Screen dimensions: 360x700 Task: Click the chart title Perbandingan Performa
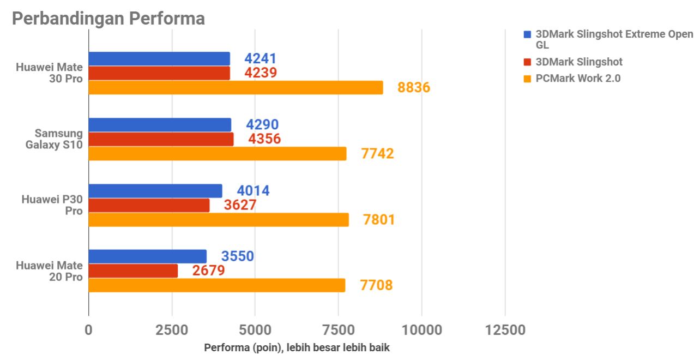[108, 18]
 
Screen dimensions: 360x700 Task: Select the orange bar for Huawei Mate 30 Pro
[236, 87]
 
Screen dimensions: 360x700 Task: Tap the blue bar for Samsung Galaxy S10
[159, 125]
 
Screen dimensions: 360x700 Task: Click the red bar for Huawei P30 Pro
[149, 205]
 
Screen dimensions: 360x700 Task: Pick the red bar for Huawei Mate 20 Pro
[133, 271]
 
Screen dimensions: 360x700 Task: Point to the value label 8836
[414, 87]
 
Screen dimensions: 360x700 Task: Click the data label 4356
[264, 139]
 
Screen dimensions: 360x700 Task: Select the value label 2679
[208, 271]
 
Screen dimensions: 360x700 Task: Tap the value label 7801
[378, 220]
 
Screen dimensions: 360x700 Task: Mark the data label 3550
[237, 256]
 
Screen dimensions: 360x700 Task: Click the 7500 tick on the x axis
[338, 330]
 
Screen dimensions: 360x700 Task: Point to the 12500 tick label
[505, 330]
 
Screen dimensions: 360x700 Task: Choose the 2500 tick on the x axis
[172, 330]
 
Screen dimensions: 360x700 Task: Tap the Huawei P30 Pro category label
[52, 205]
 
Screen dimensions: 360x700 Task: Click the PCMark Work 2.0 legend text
[578, 79]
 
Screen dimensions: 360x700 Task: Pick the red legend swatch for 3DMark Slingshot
[527, 62]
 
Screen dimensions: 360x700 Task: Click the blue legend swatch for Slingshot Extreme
[527, 34]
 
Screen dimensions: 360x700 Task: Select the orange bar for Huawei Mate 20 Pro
[216, 285]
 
